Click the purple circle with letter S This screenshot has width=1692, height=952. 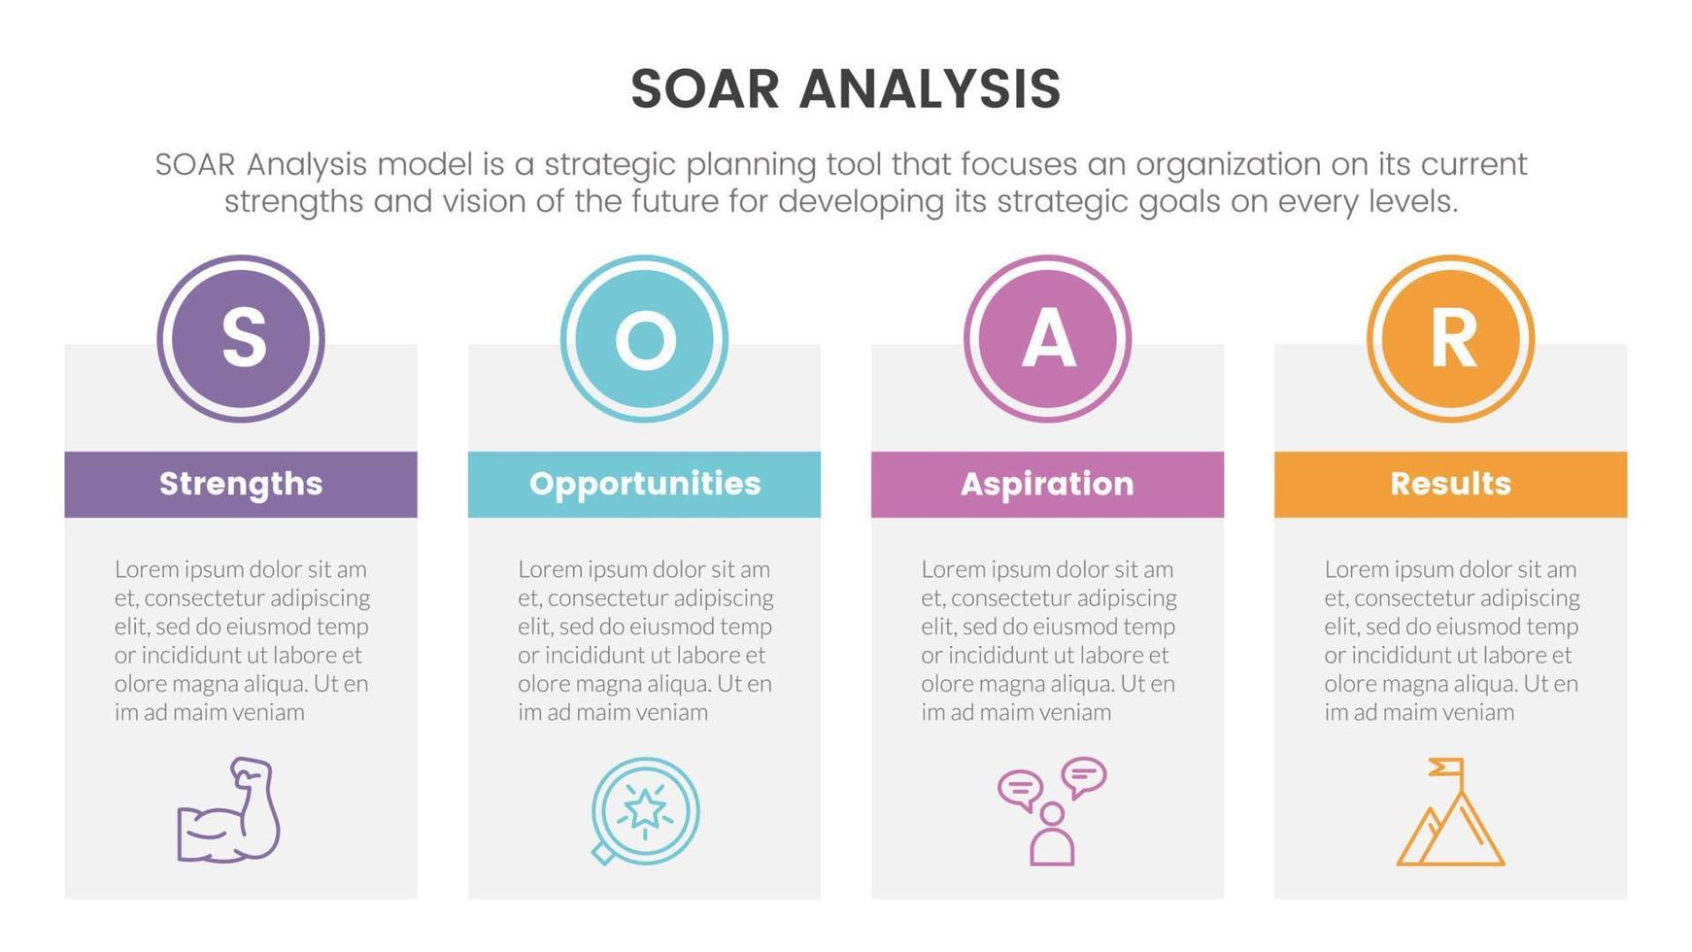point(241,339)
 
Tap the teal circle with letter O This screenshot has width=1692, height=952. point(644,339)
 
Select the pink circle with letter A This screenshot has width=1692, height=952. point(1047,339)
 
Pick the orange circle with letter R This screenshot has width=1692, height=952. point(1450,339)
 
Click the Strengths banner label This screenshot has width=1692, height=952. point(241,484)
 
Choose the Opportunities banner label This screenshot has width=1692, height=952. point(644,484)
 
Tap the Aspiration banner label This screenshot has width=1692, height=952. point(1047,484)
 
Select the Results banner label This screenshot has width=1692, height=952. point(1450,484)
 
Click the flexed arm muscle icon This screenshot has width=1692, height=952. point(228,810)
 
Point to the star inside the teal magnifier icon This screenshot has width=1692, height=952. point(645,807)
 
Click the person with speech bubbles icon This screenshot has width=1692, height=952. point(1052,811)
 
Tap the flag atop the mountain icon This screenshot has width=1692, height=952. point(1446,767)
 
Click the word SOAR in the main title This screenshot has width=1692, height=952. point(705,89)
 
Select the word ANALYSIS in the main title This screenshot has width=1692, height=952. point(930,89)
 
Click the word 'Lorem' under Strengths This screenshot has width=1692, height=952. point(146,569)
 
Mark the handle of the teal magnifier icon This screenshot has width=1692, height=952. point(603,854)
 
